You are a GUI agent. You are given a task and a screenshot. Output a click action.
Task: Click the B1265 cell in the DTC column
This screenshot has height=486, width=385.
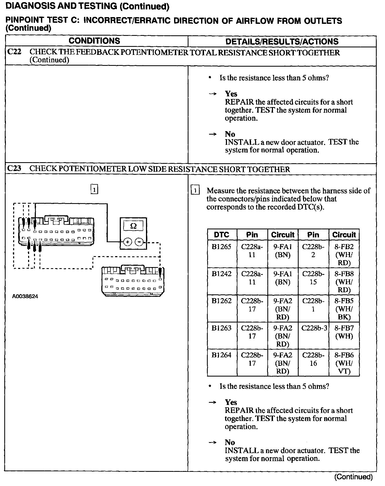point(221,247)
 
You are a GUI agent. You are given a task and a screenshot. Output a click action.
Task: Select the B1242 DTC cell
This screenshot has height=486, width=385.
point(221,274)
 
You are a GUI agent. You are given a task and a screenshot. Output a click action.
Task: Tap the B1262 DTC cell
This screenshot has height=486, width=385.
point(221,301)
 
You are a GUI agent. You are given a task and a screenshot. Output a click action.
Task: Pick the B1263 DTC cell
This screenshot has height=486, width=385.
point(221,328)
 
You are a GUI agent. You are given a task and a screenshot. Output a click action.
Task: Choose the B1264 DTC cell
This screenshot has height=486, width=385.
point(221,355)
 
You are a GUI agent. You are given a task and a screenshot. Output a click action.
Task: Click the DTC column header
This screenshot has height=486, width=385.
point(222,235)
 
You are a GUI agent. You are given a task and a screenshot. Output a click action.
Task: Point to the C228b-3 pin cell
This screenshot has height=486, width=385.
point(314,328)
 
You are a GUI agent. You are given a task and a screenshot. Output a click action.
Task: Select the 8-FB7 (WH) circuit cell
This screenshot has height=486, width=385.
point(344,332)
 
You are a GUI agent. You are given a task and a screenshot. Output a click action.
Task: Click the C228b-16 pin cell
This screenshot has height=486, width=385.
point(313,359)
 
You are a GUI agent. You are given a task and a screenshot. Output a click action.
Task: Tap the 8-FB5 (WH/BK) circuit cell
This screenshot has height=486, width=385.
point(344,309)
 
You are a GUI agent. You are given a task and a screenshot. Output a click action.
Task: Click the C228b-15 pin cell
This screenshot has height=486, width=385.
point(313,278)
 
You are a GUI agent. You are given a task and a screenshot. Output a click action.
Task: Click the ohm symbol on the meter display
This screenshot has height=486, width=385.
point(133,226)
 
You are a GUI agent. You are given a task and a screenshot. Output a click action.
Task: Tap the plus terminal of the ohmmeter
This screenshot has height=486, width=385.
point(128,242)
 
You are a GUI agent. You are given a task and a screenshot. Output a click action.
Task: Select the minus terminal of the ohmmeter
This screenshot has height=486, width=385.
point(139,242)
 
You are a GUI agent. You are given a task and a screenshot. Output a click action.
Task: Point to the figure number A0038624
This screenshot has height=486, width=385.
point(25,296)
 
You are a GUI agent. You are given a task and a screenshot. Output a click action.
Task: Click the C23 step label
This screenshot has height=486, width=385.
point(14,169)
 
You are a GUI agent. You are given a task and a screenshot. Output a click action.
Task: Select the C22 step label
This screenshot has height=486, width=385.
point(14,52)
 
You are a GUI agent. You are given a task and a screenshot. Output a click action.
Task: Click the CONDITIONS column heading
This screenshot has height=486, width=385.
point(94,41)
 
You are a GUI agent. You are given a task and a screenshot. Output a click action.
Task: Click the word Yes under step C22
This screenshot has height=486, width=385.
point(231,94)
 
